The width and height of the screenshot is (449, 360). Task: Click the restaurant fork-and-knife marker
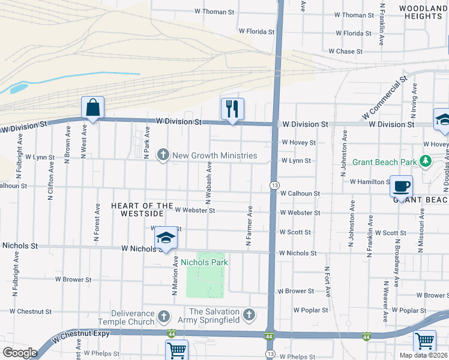tap(232, 109)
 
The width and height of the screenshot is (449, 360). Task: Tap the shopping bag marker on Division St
tap(93, 108)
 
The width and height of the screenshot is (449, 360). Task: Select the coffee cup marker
tap(401, 186)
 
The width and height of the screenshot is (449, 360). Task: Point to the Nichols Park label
tap(204, 262)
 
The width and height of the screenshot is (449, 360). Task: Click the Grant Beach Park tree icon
tap(426, 161)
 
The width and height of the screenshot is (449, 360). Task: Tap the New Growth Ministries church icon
tap(162, 155)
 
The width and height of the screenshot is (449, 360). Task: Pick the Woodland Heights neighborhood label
tap(423, 11)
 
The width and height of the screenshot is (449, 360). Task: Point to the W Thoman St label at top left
tap(214, 12)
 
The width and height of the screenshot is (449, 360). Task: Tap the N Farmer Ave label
tap(248, 226)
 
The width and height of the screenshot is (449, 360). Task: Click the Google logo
tap(20, 352)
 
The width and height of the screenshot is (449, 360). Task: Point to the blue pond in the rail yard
tap(17, 88)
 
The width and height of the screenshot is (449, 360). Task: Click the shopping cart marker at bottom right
tap(424, 341)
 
